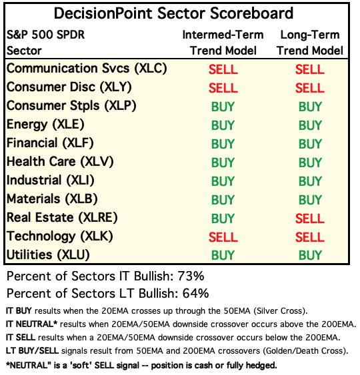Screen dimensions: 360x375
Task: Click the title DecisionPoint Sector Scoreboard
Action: [173, 13]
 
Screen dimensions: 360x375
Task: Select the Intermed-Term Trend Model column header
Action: [223, 43]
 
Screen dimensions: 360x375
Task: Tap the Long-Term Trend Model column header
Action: [310, 43]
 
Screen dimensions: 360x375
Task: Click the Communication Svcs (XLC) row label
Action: [87, 69]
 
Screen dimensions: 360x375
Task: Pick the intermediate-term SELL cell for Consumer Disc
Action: [223, 88]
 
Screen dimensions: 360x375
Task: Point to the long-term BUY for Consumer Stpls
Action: [310, 107]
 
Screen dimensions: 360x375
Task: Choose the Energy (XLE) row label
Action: [45, 125]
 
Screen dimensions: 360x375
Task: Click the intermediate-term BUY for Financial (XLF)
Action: [223, 144]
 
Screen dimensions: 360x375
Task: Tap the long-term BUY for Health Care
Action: [310, 163]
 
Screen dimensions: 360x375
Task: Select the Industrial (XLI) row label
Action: [51, 181]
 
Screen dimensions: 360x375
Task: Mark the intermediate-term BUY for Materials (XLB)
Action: [223, 200]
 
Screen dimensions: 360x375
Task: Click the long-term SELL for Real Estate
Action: [310, 218]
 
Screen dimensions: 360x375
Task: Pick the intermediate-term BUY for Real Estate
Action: [223, 218]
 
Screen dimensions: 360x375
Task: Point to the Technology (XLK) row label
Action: [60, 236]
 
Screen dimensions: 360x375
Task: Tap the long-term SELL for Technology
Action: [310, 237]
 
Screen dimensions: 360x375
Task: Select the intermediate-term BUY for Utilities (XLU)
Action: [223, 255]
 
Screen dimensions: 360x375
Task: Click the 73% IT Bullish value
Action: [191, 276]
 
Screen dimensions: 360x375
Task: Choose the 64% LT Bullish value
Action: [195, 294]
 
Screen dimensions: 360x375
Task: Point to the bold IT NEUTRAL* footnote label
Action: [31, 324]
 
